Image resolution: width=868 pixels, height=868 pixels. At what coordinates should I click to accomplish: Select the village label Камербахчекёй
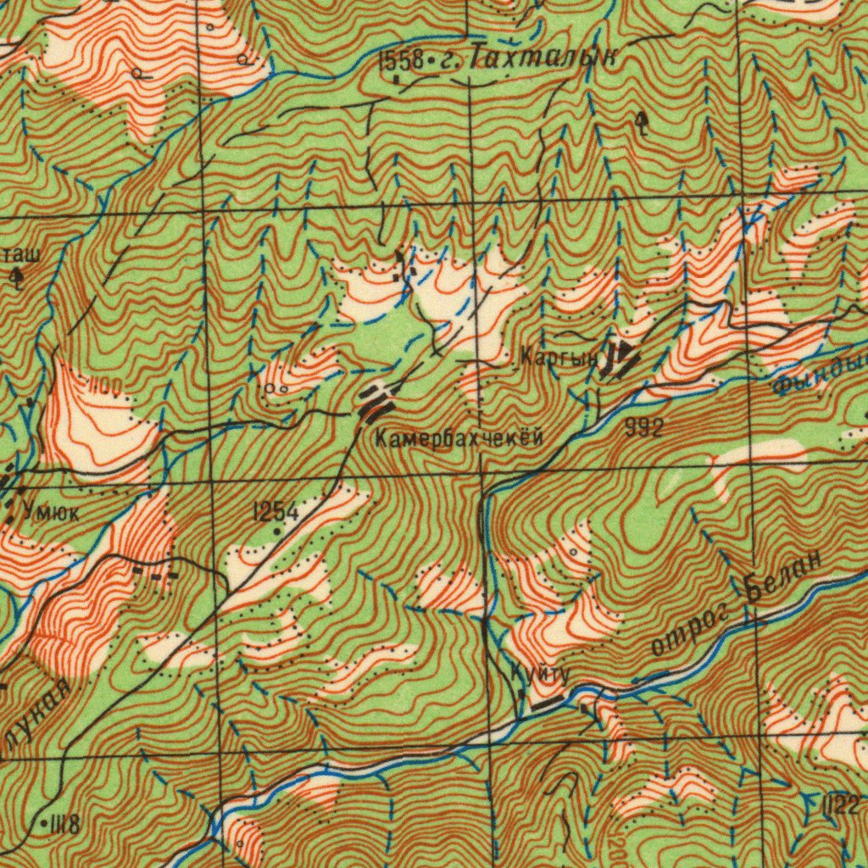pyautogui.click(x=459, y=438)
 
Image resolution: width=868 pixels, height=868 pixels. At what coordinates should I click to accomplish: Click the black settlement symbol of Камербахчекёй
pyautogui.click(x=374, y=400)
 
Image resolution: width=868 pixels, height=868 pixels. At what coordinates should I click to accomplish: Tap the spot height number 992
pyautogui.click(x=643, y=428)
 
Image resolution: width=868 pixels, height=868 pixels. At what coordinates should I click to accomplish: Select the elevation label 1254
pyautogui.click(x=275, y=511)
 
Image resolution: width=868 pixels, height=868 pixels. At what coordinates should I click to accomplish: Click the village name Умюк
pyautogui.click(x=52, y=511)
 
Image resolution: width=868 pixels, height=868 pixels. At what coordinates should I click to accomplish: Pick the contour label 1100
pyautogui.click(x=105, y=387)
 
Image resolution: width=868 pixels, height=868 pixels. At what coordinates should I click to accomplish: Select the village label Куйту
pyautogui.click(x=538, y=673)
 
